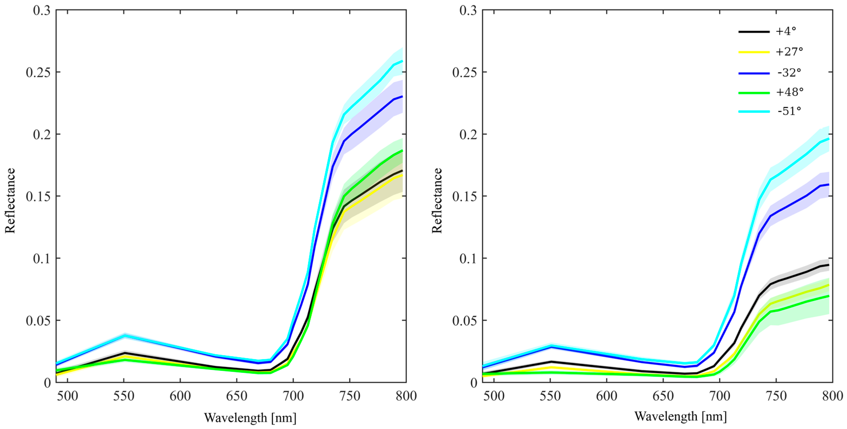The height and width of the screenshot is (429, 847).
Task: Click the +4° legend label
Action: click(x=786, y=31)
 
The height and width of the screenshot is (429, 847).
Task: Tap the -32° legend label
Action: click(x=789, y=72)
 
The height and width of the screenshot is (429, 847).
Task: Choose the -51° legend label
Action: click(x=789, y=111)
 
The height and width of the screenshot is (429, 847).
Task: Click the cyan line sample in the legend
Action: click(x=754, y=112)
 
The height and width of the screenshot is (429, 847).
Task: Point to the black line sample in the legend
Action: click(x=754, y=31)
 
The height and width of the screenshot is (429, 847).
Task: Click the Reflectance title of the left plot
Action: click(x=10, y=200)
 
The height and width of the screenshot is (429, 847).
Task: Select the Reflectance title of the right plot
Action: click(x=437, y=200)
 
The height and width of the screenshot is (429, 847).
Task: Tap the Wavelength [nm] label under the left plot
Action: click(x=250, y=418)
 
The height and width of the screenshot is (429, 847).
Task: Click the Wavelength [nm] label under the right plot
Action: click(x=680, y=417)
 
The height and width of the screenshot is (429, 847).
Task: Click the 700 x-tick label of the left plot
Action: click(x=293, y=396)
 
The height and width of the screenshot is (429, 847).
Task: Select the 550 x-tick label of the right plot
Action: click(x=550, y=396)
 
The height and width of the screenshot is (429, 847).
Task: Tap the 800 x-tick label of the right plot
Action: click(x=832, y=396)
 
